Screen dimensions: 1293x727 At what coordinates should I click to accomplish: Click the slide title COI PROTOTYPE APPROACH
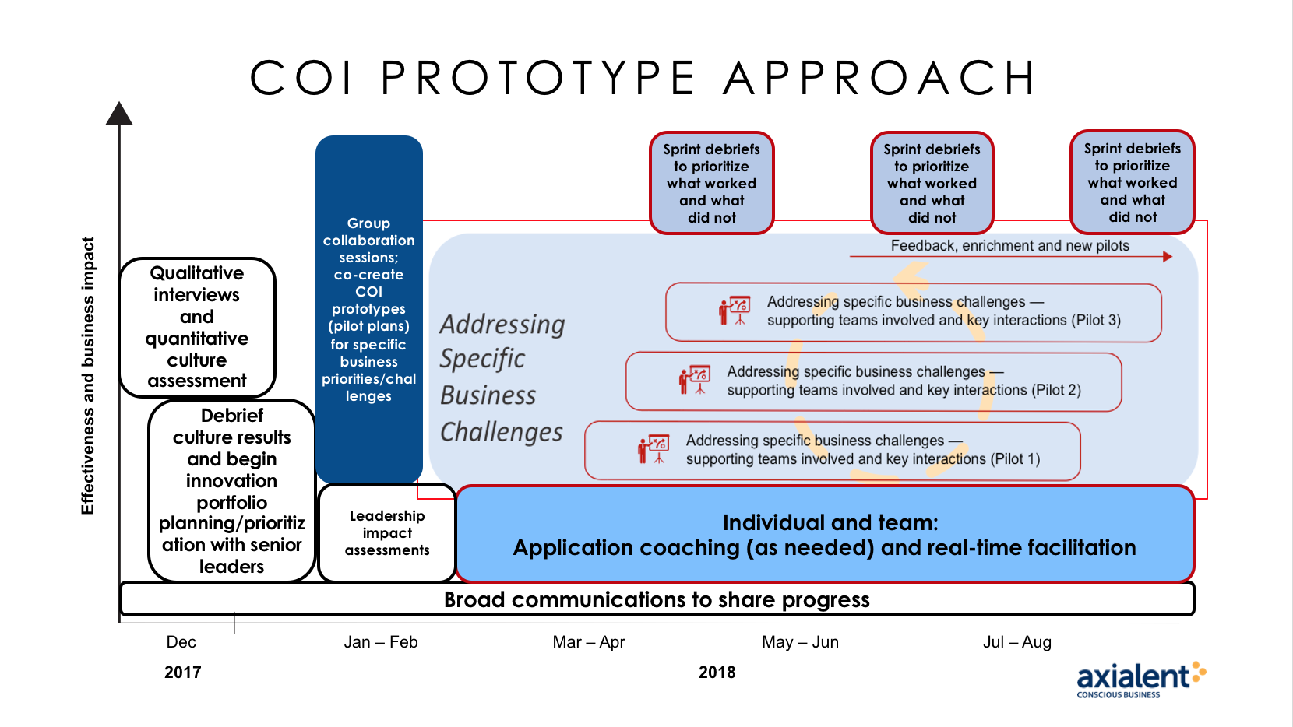tap(643, 77)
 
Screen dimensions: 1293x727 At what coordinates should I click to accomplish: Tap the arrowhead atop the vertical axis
tap(119, 114)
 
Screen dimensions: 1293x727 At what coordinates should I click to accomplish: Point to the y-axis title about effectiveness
tap(87, 375)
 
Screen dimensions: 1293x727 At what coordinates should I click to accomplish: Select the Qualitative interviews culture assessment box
tap(197, 327)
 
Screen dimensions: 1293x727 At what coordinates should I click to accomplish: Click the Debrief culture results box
tap(231, 490)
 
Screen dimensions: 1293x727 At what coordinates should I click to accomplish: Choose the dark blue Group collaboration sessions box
tap(369, 309)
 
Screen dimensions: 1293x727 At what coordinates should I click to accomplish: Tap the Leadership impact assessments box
tap(387, 532)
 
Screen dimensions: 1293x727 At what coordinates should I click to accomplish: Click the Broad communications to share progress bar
tap(657, 599)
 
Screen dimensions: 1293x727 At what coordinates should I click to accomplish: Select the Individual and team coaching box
tap(824, 534)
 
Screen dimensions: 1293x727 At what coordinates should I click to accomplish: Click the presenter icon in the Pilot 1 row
tap(654, 449)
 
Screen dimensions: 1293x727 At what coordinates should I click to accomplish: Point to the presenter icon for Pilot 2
tap(695, 380)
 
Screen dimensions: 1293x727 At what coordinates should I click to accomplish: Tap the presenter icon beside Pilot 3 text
tap(735, 311)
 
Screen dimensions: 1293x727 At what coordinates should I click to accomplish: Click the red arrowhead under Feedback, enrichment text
tap(1167, 256)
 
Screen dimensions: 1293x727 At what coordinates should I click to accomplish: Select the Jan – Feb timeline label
tap(380, 641)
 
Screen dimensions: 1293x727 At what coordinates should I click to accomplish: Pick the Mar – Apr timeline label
tap(589, 641)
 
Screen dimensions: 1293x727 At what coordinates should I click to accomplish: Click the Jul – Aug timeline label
tap(1017, 641)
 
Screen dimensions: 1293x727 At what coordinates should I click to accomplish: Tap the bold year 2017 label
tap(182, 673)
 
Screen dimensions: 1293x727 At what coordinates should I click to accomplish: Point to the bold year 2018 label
tap(717, 673)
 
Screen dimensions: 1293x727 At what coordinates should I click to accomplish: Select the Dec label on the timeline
tap(181, 641)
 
